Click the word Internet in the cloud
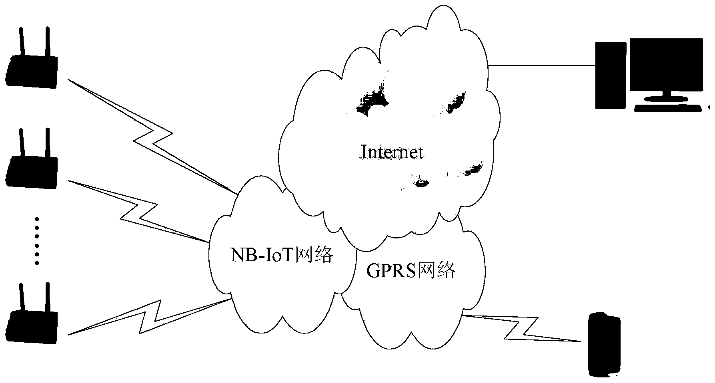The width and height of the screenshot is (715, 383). [x=392, y=152]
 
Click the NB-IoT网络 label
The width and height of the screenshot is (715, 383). [x=281, y=254]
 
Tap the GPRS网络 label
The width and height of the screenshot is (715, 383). [x=411, y=271]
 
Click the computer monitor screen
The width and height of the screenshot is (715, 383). [x=666, y=64]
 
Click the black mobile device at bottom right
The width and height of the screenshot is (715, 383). [x=604, y=344]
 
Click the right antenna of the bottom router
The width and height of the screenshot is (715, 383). [x=47, y=298]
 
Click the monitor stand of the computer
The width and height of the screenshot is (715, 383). [x=666, y=96]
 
